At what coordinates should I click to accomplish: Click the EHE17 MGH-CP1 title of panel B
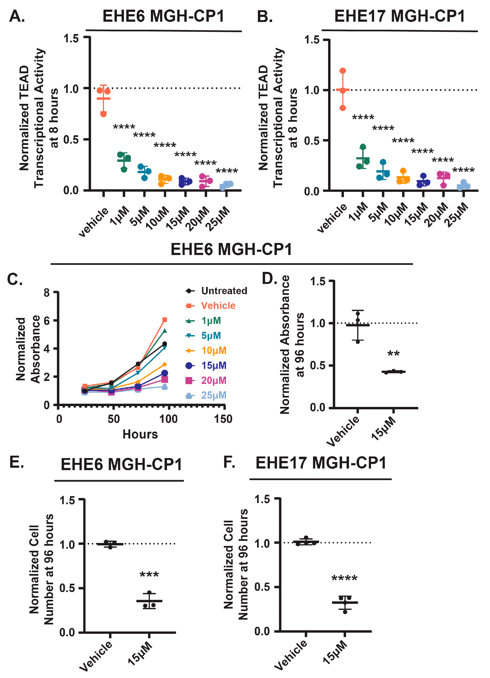(399, 16)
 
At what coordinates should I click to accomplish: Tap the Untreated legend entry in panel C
(224, 291)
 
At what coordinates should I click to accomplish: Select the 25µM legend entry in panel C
(214, 395)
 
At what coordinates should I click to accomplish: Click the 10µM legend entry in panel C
(214, 350)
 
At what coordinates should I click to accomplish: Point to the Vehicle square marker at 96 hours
(165, 320)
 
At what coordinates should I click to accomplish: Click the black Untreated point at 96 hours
(165, 344)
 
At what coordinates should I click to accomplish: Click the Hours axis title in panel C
(140, 434)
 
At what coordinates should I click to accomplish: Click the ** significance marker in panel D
(394, 354)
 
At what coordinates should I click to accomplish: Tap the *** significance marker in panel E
(149, 575)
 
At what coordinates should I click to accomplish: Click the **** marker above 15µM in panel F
(344, 578)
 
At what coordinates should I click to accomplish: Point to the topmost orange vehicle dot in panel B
(343, 71)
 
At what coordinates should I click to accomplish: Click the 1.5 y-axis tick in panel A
(71, 38)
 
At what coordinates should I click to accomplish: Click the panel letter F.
(229, 462)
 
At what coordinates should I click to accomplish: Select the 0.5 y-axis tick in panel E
(67, 588)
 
